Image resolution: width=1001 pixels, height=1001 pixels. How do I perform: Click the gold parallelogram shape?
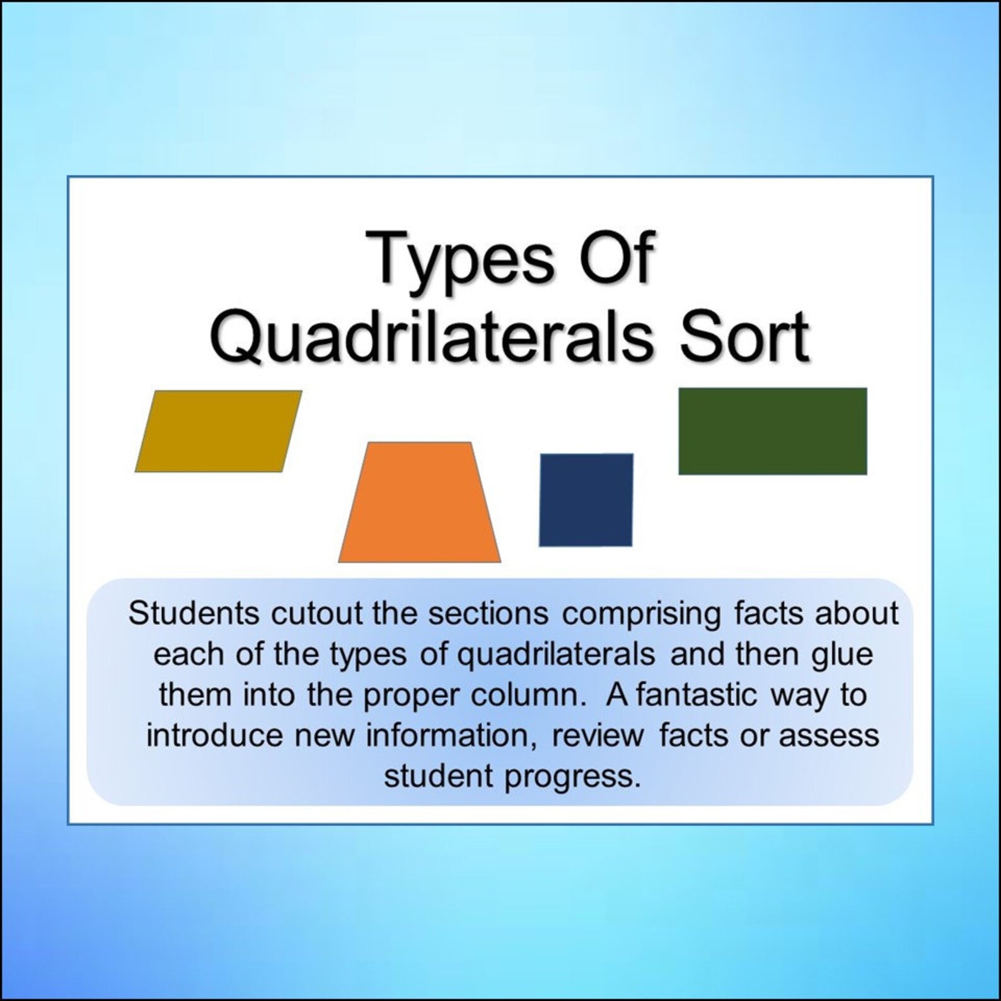coord(218,431)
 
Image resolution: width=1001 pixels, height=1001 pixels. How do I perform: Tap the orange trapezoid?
coord(420,504)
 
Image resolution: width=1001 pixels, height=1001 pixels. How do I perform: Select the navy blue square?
coord(586,500)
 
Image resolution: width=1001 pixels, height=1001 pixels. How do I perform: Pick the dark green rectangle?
coord(772,431)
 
